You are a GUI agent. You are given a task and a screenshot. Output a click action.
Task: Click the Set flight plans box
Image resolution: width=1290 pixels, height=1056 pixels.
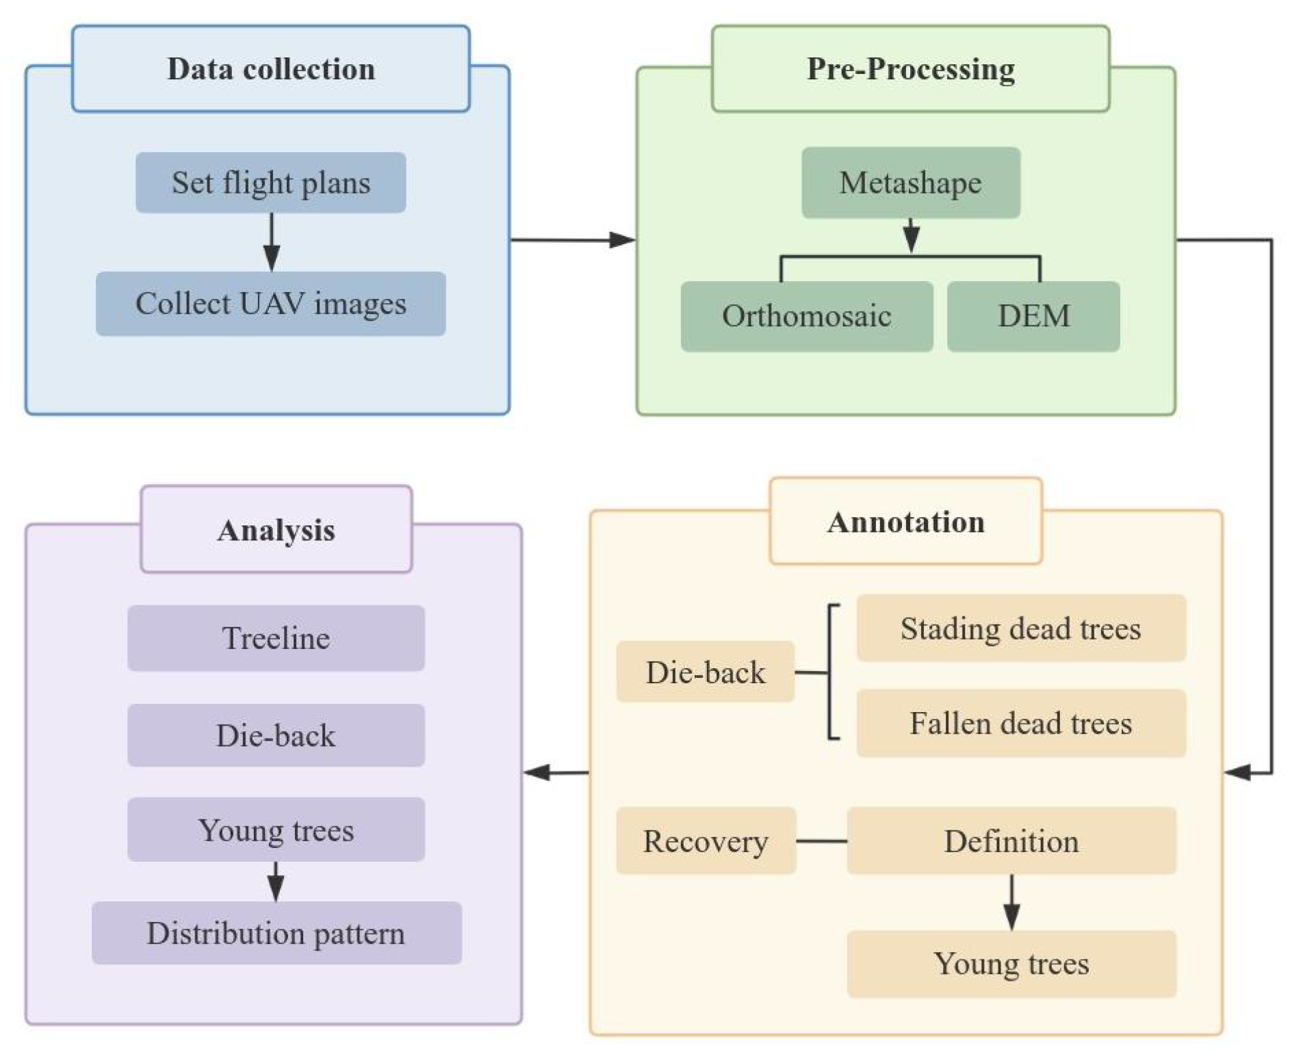coord(270,183)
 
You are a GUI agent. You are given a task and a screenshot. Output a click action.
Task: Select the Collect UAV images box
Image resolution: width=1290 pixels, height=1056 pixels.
coord(270,304)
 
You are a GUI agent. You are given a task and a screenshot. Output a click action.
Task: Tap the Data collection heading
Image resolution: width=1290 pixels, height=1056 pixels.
coord(270,69)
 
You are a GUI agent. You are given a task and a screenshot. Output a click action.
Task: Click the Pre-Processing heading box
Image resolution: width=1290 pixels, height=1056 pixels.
coord(910,69)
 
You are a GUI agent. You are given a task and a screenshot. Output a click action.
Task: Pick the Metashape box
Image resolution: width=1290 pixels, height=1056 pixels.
coord(910,183)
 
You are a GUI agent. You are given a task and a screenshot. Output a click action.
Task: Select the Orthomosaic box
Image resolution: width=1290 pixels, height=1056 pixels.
coord(806,316)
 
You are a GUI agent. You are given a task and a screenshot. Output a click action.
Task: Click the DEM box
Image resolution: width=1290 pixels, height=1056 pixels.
coord(1033,316)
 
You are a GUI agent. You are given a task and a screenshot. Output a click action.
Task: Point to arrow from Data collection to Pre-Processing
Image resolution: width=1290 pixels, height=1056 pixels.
coord(573,240)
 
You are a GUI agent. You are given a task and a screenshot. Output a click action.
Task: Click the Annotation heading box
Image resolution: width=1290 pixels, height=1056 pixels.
coord(905,522)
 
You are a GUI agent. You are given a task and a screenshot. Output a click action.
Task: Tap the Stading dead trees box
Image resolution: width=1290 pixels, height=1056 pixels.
coord(1020,628)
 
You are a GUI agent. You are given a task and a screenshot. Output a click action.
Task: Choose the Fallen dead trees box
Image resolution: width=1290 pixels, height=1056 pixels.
coord(1020,723)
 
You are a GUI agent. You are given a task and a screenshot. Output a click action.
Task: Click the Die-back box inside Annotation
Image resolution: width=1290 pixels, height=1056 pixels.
coord(705,672)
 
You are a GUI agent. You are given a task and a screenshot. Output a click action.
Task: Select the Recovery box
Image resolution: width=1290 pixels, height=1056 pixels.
coord(705,841)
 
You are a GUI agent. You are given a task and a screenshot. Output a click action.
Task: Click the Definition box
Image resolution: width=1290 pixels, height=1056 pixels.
coord(1011,841)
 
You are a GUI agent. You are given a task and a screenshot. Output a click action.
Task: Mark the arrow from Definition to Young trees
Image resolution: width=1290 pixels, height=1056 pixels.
coord(1011,903)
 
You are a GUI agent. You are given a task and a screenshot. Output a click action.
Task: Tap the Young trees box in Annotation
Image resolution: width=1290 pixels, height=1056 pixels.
coord(1011,964)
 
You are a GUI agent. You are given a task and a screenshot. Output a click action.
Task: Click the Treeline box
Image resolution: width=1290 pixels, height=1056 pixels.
coord(276,638)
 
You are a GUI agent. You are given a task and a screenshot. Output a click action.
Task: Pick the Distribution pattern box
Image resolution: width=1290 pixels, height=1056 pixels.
coord(276,933)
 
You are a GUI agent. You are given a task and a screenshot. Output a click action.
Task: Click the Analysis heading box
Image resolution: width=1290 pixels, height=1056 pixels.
coord(276,530)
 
